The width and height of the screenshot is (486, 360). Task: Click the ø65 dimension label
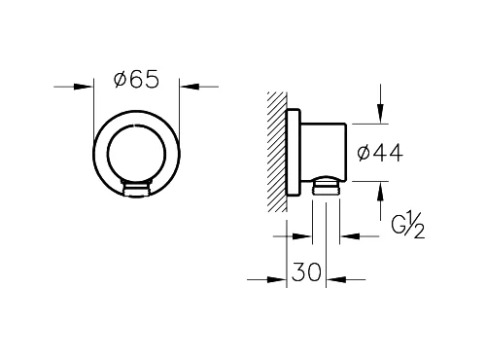click(x=136, y=80)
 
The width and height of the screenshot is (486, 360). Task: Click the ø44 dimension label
click(x=380, y=153)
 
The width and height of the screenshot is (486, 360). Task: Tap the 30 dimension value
click(x=306, y=271)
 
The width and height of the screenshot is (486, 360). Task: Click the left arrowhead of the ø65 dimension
click(x=84, y=87)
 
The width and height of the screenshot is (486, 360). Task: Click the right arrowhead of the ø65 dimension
click(x=189, y=87)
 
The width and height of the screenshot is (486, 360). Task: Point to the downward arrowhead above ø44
click(x=380, y=114)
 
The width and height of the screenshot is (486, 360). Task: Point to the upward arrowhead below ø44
click(x=380, y=192)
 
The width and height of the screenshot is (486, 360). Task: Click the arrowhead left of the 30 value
click(x=277, y=279)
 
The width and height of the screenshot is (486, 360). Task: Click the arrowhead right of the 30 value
click(x=336, y=279)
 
